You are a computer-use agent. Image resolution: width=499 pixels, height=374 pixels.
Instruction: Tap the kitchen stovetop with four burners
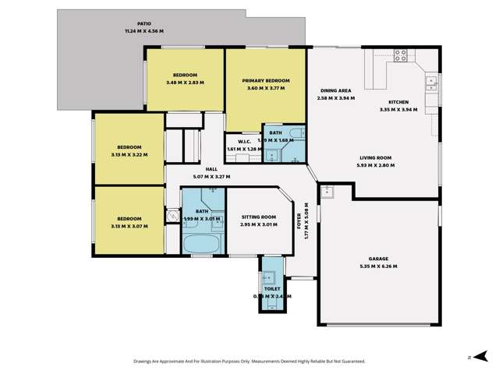[401, 55]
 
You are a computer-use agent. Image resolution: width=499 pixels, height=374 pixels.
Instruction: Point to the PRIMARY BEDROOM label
[266, 81]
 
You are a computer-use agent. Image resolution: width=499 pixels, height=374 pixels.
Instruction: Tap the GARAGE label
[379, 259]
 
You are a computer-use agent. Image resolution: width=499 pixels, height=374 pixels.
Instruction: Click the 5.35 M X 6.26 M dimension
[379, 266]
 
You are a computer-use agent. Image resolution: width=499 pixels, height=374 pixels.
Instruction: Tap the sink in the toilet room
[269, 277]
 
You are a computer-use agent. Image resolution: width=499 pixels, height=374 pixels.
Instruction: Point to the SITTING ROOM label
[258, 217]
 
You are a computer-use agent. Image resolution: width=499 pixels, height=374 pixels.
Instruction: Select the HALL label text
[211, 169]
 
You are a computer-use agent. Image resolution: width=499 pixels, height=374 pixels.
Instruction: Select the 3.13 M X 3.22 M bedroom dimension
[129, 154]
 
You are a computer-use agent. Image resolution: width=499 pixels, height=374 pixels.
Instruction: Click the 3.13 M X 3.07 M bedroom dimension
[129, 226]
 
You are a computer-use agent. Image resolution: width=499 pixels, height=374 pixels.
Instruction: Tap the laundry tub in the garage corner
[328, 192]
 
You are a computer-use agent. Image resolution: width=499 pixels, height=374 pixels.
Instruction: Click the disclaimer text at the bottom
[249, 361]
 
